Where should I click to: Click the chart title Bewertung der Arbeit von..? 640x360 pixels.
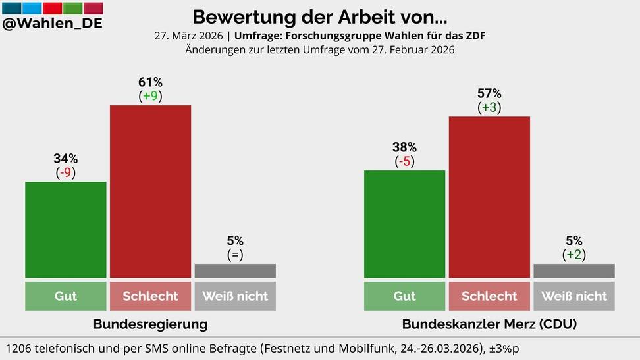pyautogui.click(x=319, y=16)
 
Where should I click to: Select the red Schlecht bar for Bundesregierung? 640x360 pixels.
pyautogui.click(x=150, y=191)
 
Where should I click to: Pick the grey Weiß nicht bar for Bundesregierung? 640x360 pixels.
pyautogui.click(x=235, y=270)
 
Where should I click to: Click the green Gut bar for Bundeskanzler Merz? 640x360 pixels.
pyautogui.click(x=404, y=224)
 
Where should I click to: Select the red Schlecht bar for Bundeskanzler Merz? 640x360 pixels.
pyautogui.click(x=489, y=197)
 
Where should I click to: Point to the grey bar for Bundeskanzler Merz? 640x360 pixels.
pyautogui.click(x=573, y=270)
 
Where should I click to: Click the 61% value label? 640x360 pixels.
pyautogui.click(x=150, y=82)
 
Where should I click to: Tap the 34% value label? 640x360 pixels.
pyautogui.click(x=65, y=159)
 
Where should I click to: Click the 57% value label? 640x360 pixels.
pyautogui.click(x=489, y=93)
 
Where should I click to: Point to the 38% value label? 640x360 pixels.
pyautogui.click(x=404, y=147)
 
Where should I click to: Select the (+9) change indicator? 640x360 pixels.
pyautogui.click(x=150, y=96)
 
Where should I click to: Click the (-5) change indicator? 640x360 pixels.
pyautogui.click(x=404, y=161)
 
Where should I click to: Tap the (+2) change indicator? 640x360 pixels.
pyautogui.click(x=573, y=255)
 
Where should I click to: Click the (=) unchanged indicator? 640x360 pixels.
pyautogui.click(x=235, y=255)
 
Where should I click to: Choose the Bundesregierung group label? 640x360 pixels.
pyautogui.click(x=150, y=324)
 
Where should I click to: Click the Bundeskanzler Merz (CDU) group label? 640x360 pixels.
pyautogui.click(x=489, y=324)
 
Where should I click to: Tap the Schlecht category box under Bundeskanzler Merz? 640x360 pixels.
pyautogui.click(x=489, y=296)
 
